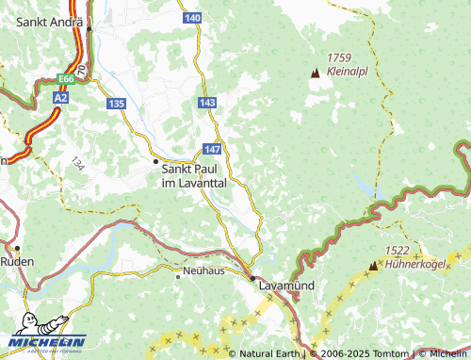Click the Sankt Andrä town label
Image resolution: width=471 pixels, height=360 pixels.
(43, 21)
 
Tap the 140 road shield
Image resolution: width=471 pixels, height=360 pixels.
(193, 18)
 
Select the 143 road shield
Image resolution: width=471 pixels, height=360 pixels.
(208, 101)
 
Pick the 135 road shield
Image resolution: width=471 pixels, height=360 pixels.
(116, 103)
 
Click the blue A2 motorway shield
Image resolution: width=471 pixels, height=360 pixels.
(61, 96)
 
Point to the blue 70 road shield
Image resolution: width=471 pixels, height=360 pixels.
(83, 70)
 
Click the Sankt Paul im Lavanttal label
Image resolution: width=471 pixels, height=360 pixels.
(194, 175)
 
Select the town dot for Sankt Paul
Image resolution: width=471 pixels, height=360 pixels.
(157, 162)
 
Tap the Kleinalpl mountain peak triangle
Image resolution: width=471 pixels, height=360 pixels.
(315, 72)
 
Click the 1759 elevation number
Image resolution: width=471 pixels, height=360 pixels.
(338, 57)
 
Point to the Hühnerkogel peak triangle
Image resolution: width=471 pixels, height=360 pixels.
(373, 266)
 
